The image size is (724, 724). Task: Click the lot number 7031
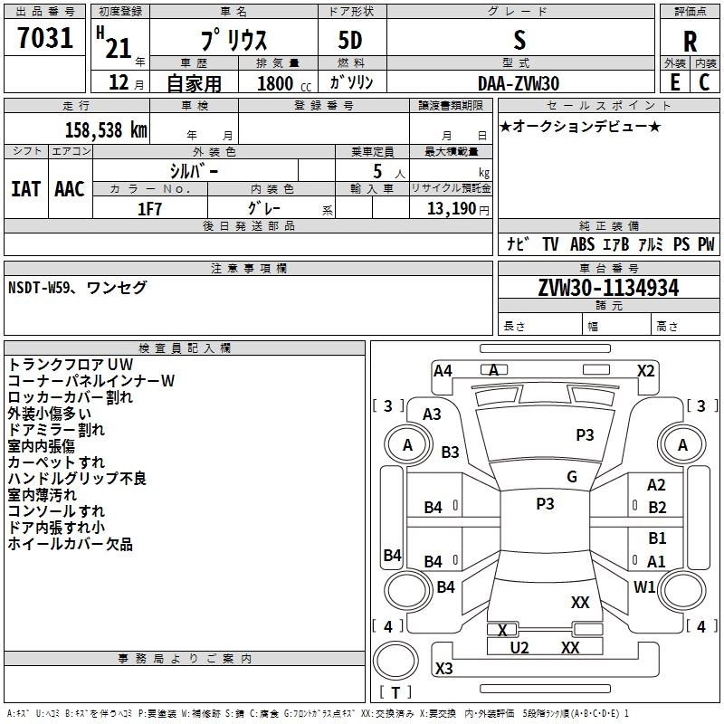point(45,38)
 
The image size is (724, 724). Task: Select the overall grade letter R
point(690,42)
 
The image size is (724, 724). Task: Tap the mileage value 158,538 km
point(106,129)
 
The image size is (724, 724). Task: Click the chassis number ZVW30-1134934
point(608,288)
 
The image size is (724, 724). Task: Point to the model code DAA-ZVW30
point(519,83)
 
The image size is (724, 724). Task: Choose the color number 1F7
point(149,209)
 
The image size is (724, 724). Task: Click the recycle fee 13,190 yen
point(458,209)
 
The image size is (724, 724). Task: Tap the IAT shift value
point(26,189)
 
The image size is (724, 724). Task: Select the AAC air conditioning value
point(70,189)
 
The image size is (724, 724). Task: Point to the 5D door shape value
point(350,41)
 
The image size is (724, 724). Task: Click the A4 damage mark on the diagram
point(443,371)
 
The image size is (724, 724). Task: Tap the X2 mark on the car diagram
point(645,371)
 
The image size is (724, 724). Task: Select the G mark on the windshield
point(572,477)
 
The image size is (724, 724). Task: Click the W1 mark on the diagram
point(644,586)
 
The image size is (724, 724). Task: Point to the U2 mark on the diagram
point(519,648)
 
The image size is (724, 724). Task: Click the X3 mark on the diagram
point(443,668)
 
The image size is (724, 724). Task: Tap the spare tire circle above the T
point(395,661)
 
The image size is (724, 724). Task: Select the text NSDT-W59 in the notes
point(39,288)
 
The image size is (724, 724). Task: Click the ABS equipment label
point(582,244)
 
